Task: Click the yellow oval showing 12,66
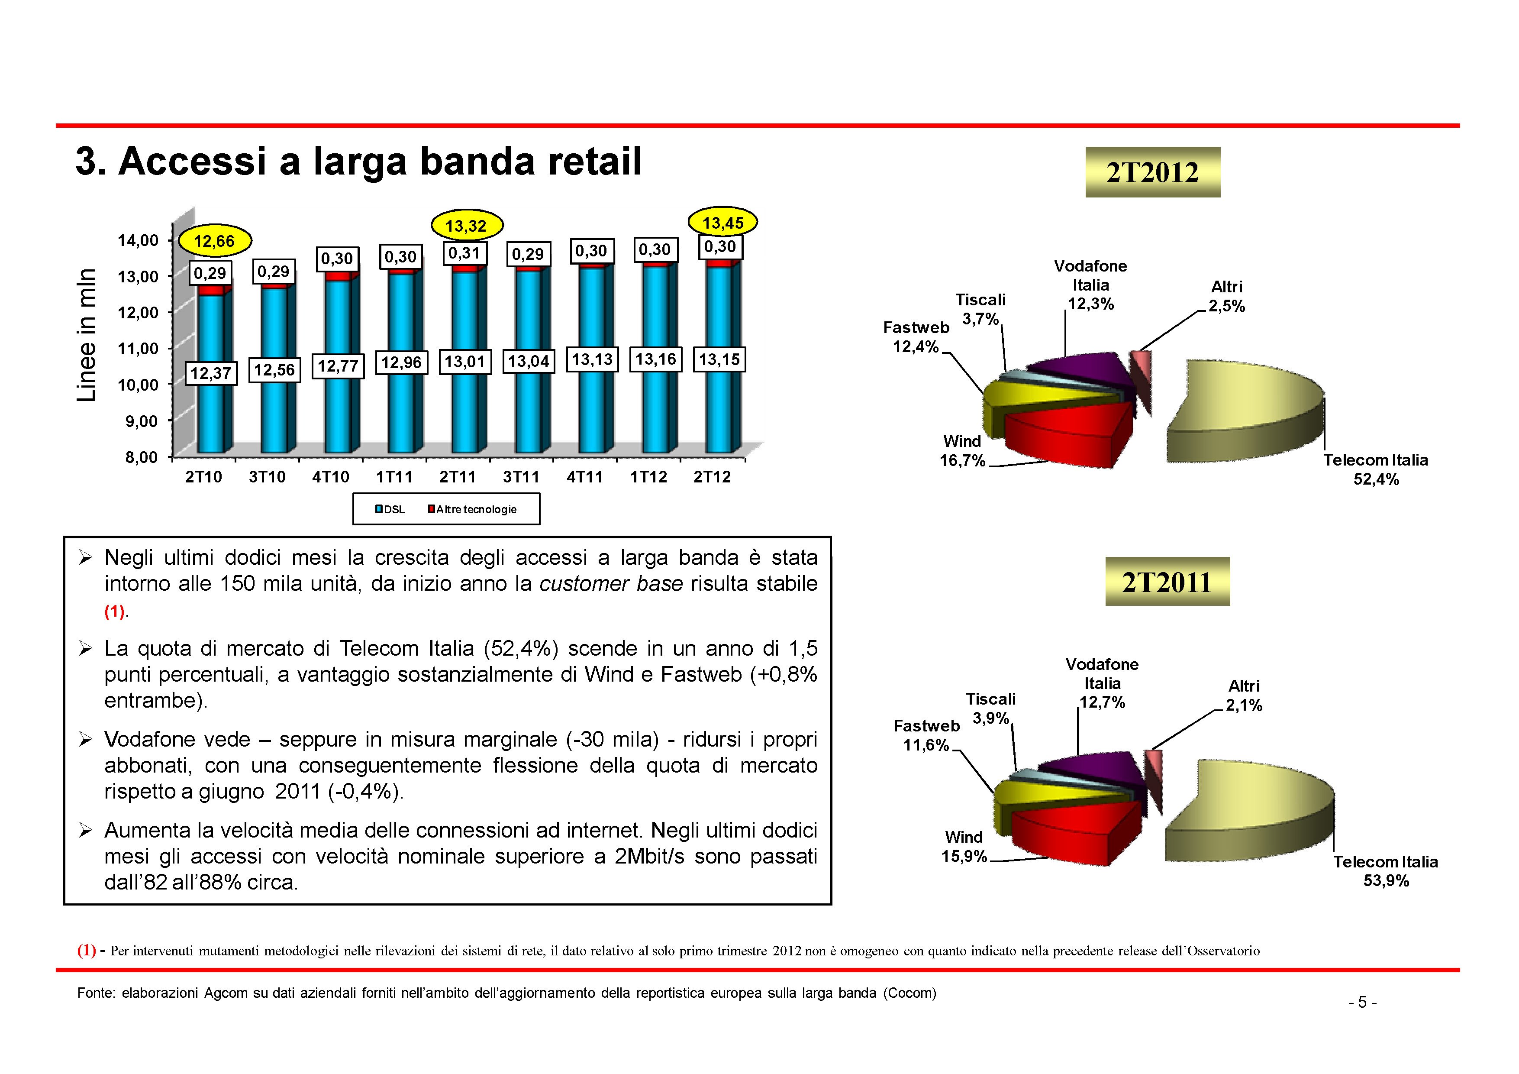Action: point(214,241)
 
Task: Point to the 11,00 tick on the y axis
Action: point(138,349)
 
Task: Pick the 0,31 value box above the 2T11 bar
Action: point(464,253)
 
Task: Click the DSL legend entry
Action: point(390,510)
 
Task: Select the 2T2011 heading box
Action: point(1167,582)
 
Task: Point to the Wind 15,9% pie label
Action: point(964,847)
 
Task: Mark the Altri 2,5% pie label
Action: point(1226,297)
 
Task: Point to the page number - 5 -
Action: point(1362,1003)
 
